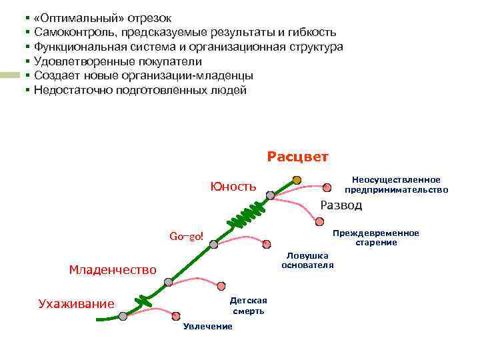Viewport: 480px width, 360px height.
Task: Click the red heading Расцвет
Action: point(297,157)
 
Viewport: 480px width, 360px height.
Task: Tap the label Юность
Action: point(233,187)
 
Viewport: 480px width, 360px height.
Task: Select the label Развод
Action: point(341,205)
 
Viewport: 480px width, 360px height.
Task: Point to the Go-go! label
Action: point(186,237)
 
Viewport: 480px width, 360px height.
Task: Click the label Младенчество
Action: point(113,269)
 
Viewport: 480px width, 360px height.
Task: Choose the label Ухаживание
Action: point(76,304)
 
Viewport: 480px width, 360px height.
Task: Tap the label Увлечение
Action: point(208,326)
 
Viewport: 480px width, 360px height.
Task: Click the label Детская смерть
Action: point(249,305)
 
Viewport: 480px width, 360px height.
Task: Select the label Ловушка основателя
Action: point(307,261)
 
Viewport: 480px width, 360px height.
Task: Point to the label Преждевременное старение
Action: point(376,237)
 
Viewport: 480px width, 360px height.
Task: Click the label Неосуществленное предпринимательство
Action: point(396,185)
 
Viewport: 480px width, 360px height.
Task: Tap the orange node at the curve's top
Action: point(297,180)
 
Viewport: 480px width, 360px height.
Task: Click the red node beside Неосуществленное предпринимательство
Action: point(327,187)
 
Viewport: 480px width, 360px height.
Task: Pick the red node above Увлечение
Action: point(176,316)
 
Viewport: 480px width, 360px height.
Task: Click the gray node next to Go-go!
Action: point(213,245)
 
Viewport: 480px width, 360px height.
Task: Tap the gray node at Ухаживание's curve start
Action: point(123,316)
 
